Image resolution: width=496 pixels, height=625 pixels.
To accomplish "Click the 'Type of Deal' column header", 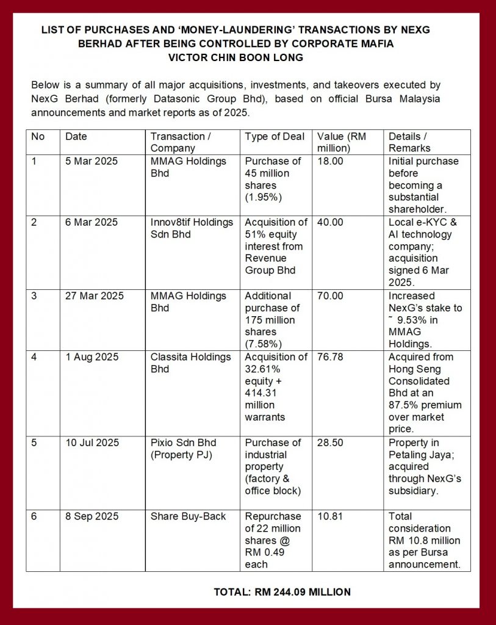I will click(275, 137).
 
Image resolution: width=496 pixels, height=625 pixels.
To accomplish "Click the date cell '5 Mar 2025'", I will click(92, 161).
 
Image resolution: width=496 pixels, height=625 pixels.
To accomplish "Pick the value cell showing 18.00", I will click(330, 161).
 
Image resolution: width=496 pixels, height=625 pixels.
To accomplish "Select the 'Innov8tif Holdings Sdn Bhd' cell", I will click(192, 228).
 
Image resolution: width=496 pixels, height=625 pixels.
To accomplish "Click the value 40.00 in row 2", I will click(330, 222).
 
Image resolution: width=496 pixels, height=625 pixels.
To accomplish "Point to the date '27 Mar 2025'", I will click(95, 296).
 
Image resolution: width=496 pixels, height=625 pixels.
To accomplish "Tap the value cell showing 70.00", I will click(330, 296).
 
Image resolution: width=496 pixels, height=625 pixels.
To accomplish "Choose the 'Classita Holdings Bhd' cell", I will click(190, 363).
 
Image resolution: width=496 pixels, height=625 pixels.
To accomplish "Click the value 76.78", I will click(330, 357).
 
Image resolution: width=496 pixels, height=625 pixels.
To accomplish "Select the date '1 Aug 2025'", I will click(92, 357).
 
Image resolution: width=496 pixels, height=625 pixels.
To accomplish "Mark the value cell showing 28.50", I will click(330, 443).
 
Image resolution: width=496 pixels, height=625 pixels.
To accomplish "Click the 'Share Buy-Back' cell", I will click(188, 516).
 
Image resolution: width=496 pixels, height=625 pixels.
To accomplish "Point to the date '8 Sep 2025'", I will click(92, 516).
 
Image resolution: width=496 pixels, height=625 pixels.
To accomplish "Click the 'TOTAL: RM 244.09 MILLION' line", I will click(282, 592).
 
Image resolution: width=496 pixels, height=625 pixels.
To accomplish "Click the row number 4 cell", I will click(34, 357).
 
